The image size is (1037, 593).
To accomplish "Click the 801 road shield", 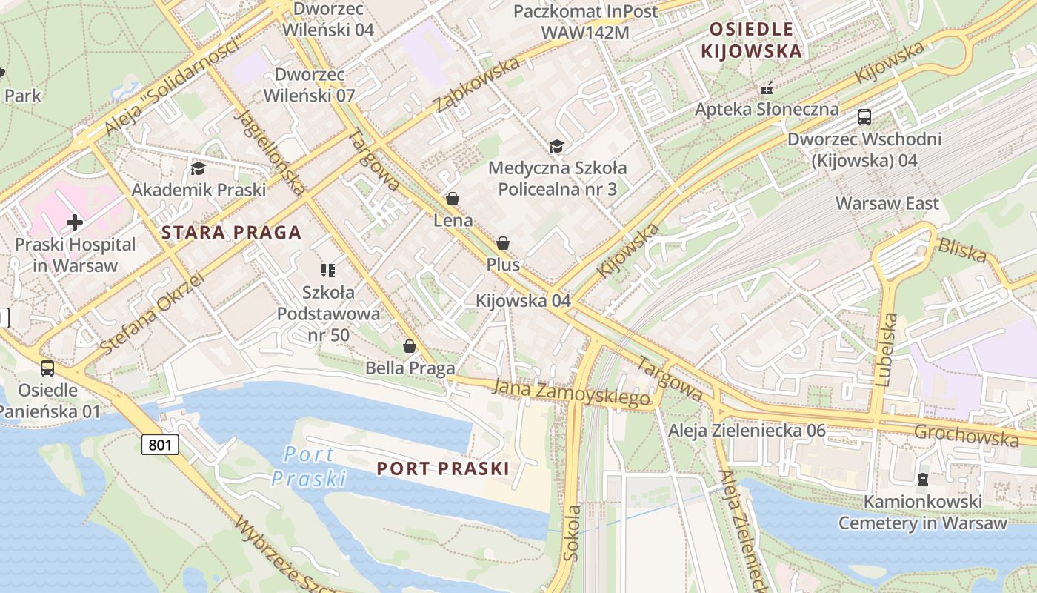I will [x=161, y=444].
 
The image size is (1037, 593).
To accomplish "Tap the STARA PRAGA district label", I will [x=231, y=233].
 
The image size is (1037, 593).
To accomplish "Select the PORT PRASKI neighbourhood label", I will [x=443, y=468].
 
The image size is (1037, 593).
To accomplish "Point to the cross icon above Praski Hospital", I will [x=75, y=222].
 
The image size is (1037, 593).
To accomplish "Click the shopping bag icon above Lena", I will [x=453, y=199].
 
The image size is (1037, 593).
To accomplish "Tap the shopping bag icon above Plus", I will [x=503, y=243].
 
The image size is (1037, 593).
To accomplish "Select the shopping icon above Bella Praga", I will [x=409, y=346].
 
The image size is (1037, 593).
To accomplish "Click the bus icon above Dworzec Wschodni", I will [x=864, y=116].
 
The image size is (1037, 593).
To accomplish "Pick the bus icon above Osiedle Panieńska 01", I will [x=47, y=368].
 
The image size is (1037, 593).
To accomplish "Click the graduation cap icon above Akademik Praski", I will [x=198, y=168].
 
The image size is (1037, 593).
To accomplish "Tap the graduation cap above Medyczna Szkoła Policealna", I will [x=556, y=146].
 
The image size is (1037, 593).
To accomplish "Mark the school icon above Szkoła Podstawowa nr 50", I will [x=328, y=270].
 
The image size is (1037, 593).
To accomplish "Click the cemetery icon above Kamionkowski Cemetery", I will [x=922, y=480].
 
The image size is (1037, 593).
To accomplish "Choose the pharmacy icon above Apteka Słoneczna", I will [x=767, y=88].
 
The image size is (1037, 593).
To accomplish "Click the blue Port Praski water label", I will [x=309, y=466].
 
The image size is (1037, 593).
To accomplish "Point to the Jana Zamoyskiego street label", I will [x=570, y=393].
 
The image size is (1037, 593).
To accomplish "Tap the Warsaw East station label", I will [x=887, y=203].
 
